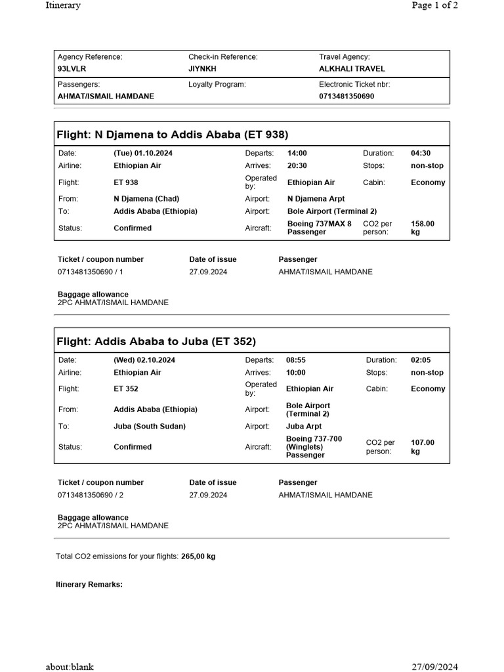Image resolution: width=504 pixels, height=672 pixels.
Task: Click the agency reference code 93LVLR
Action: click(x=72, y=69)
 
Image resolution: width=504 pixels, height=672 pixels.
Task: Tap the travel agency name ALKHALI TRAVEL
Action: click(x=352, y=69)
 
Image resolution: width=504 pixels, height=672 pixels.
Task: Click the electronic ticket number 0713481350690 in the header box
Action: click(x=346, y=96)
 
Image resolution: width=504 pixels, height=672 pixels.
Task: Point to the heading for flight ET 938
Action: click(x=173, y=135)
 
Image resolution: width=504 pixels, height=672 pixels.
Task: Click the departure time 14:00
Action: click(x=297, y=153)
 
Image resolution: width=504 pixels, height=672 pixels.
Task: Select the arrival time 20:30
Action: click(x=297, y=166)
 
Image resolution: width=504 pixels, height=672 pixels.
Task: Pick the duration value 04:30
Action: click(x=421, y=153)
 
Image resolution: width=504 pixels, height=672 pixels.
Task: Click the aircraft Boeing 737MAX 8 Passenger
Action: click(x=320, y=228)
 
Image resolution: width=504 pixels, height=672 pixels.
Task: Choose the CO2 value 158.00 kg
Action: click(x=422, y=228)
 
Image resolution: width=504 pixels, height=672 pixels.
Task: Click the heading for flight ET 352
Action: click(x=156, y=341)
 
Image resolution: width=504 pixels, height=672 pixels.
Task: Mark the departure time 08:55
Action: click(x=296, y=360)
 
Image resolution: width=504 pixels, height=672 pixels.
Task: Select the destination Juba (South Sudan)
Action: click(x=150, y=427)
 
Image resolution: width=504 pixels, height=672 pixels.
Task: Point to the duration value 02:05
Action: click(x=421, y=360)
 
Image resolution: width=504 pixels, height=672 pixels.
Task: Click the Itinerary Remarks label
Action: click(x=89, y=585)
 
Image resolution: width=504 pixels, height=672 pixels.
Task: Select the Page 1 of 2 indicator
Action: click(x=434, y=6)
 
